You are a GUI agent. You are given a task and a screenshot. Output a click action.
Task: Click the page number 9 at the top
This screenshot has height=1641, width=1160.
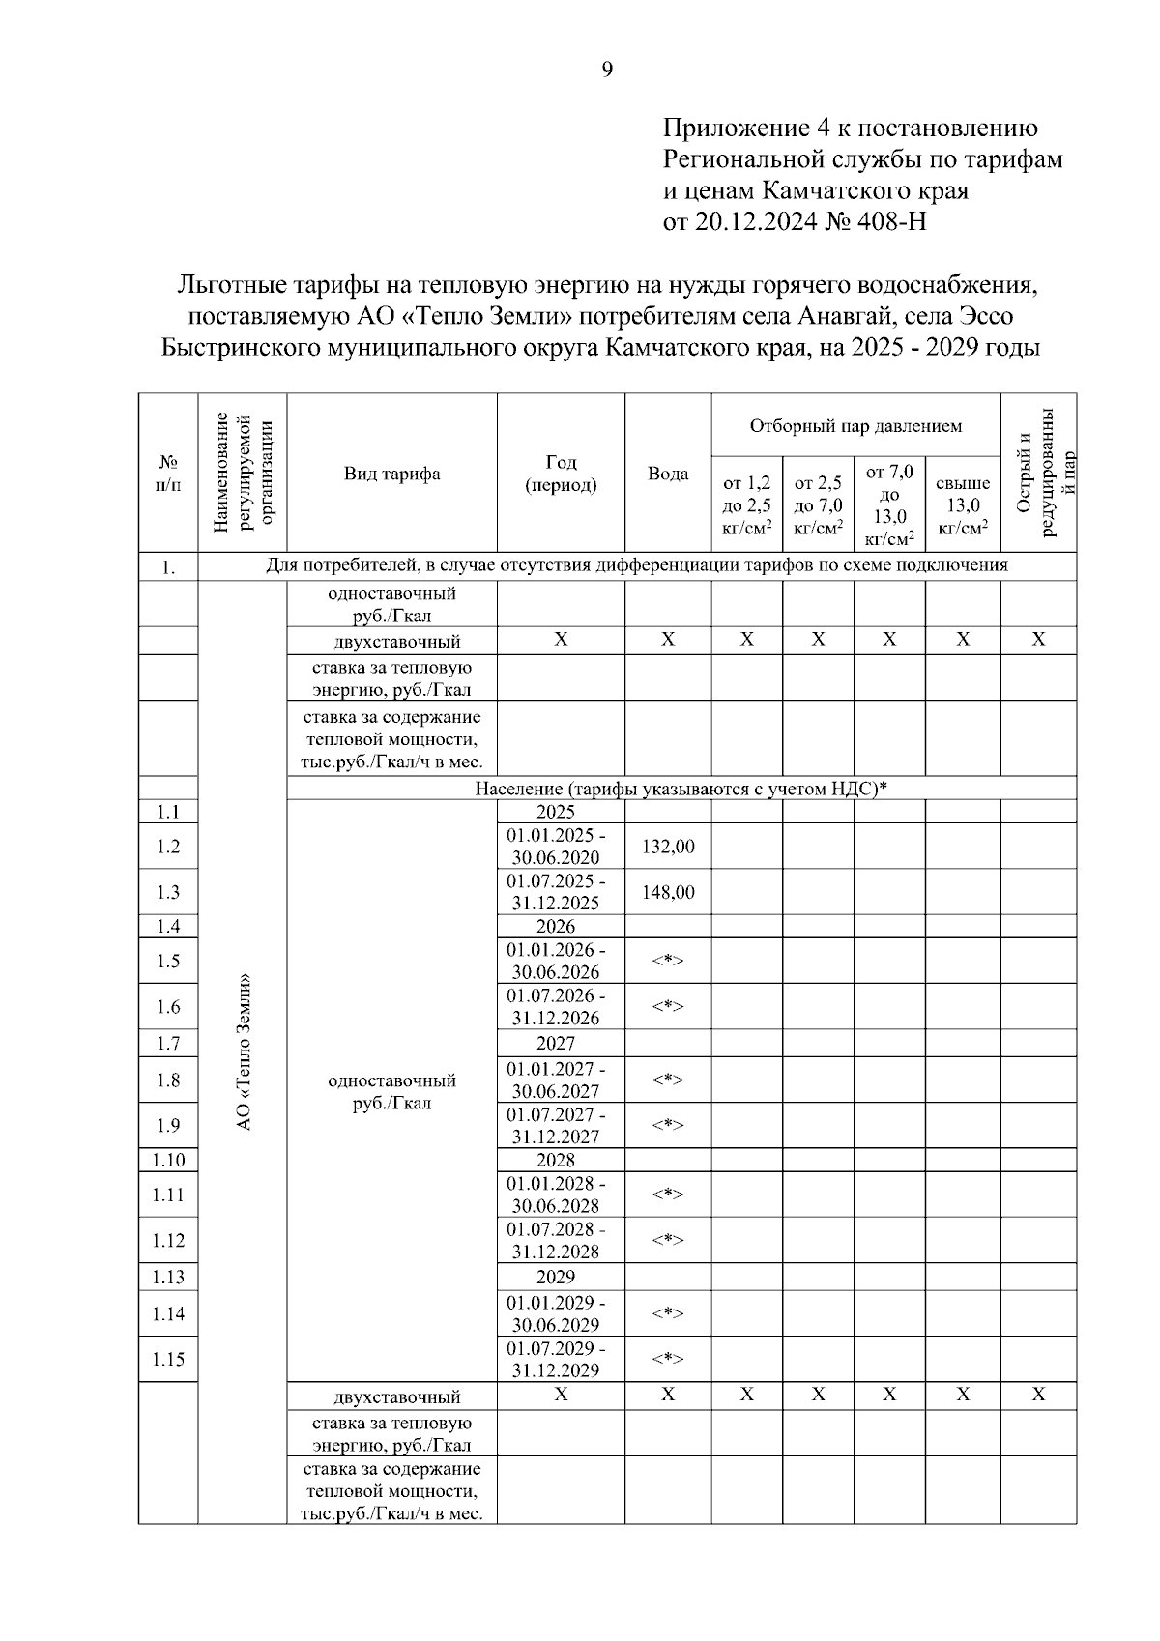click(x=607, y=69)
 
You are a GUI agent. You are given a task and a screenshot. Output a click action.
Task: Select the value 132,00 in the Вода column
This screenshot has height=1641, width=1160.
click(x=668, y=847)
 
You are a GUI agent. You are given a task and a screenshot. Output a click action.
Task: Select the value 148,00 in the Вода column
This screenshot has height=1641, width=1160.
click(x=668, y=892)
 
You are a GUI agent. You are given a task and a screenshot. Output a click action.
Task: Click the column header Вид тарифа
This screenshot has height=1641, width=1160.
click(x=391, y=474)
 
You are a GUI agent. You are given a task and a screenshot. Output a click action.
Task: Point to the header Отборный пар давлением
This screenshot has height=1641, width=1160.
click(x=855, y=426)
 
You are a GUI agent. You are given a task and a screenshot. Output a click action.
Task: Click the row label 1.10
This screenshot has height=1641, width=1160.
click(x=168, y=1160)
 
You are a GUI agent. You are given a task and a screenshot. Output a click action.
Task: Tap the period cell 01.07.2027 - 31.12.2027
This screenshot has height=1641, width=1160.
click(x=557, y=1126)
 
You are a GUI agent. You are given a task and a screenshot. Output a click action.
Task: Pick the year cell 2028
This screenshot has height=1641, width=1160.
click(x=556, y=1160)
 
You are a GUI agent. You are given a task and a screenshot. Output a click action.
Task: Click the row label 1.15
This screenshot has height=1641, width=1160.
click(x=168, y=1360)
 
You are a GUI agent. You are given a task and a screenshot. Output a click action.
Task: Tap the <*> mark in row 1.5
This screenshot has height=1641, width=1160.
click(x=668, y=961)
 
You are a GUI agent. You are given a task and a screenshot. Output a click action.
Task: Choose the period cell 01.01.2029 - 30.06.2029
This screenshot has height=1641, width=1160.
click(x=557, y=1313)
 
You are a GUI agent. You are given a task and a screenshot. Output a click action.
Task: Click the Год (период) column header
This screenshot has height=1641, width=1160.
click(x=561, y=474)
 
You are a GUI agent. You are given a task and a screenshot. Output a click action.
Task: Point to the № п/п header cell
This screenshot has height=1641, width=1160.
click(x=168, y=474)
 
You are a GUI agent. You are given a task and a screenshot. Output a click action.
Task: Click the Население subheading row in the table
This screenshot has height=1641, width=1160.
click(x=681, y=789)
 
